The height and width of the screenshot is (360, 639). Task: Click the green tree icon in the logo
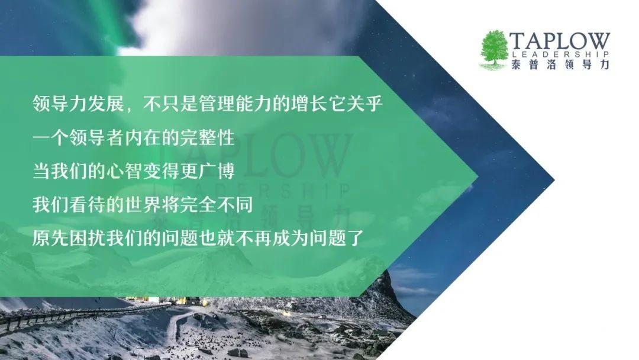[x=495, y=48]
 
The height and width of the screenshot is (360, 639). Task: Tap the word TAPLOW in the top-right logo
[x=560, y=41]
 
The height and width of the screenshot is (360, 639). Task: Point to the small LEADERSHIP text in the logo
[x=560, y=54]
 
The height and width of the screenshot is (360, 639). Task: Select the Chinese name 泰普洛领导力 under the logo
[x=560, y=65]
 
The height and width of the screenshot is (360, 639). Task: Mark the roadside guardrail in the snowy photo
[x=82, y=313]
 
